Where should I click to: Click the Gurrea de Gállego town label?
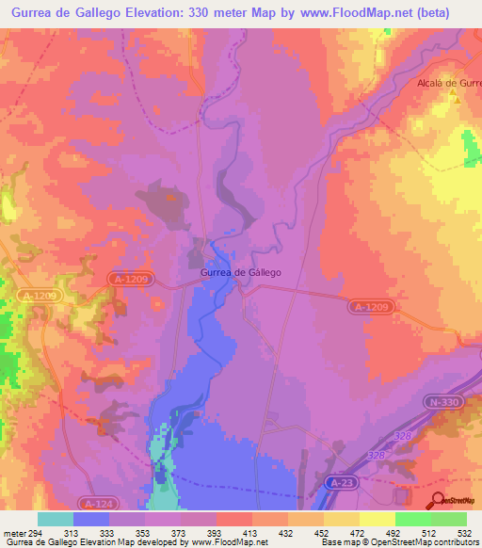pos(240,272)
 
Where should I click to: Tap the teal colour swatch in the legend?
pos(56,519)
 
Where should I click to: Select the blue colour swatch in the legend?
pos(91,519)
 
